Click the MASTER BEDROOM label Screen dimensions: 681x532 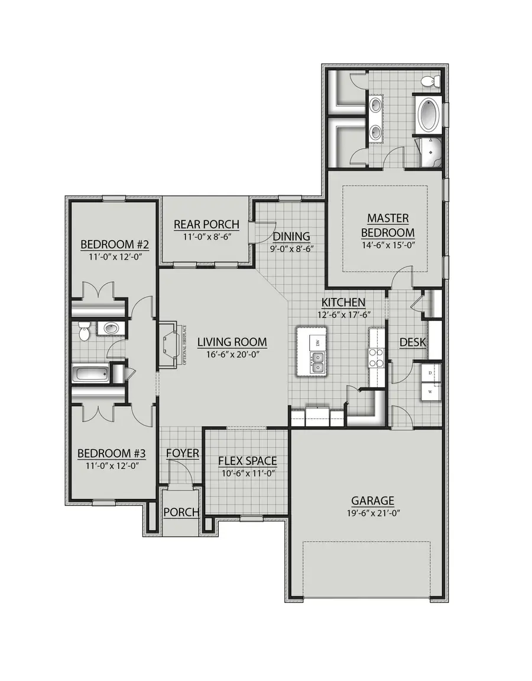tap(388, 225)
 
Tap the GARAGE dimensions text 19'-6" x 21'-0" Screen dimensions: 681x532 tap(372, 513)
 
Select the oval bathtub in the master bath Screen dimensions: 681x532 tap(430, 115)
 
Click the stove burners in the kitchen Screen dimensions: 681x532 tap(377, 357)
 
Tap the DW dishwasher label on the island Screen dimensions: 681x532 tap(318, 343)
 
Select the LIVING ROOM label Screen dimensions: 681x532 tap(232, 342)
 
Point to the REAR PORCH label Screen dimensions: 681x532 tap(206, 225)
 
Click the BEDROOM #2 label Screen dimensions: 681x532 tap(109, 245)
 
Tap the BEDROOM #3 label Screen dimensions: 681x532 tap(112, 453)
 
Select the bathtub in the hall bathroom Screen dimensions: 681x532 tap(91, 374)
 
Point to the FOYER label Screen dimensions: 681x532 tap(182, 453)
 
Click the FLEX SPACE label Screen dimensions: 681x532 tap(247, 461)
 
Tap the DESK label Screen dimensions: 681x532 tap(413, 342)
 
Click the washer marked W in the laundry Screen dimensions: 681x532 tap(431, 391)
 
